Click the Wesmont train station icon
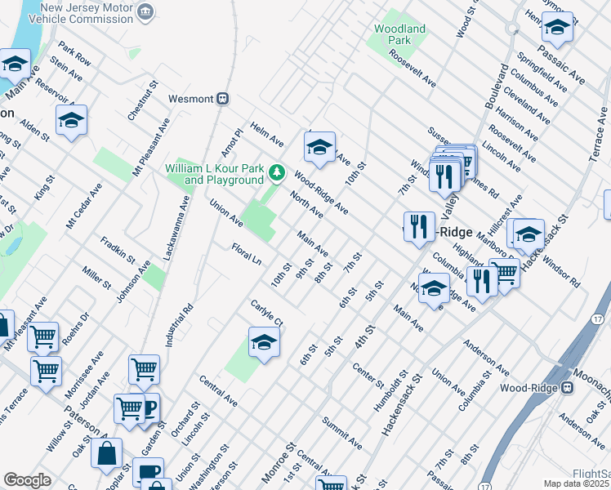point(222,98)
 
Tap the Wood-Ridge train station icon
point(566,388)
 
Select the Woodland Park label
point(399,34)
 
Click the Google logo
point(27,480)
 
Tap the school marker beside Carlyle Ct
point(264,343)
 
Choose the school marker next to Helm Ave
point(319,147)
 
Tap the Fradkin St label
point(118,250)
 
